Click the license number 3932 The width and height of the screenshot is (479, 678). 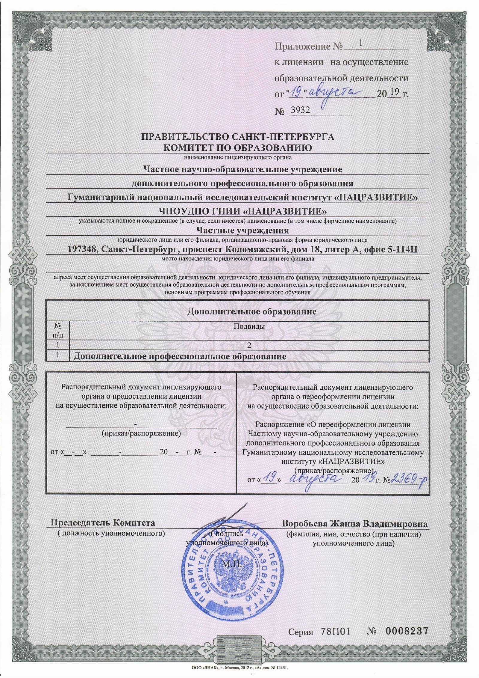(299, 111)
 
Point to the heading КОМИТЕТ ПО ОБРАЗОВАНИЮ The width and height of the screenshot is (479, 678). (237, 148)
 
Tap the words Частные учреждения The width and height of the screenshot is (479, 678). (242, 230)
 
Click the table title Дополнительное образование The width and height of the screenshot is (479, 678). (252, 311)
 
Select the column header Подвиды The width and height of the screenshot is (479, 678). (249, 326)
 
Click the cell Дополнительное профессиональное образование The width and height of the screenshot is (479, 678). (180, 356)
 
